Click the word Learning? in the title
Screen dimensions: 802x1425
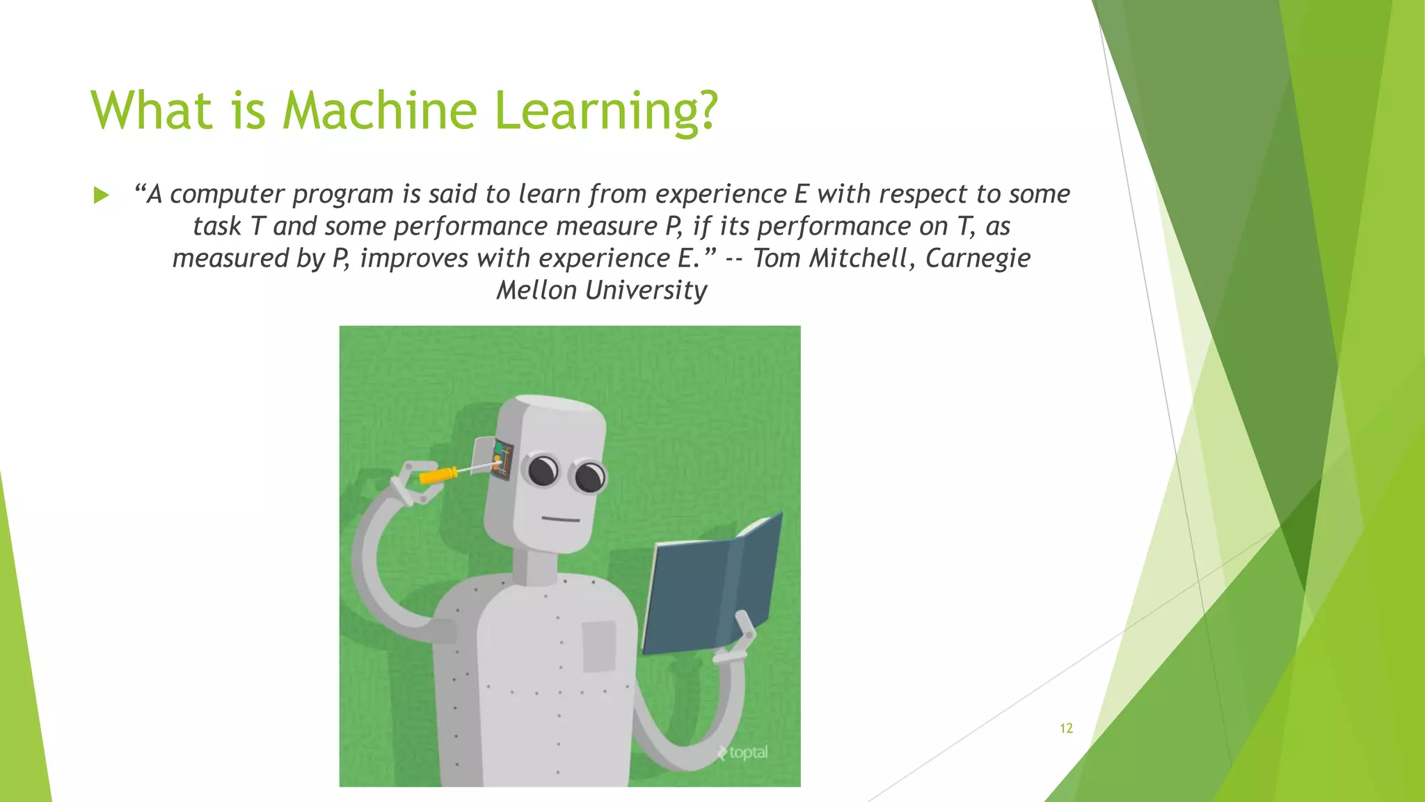click(605, 111)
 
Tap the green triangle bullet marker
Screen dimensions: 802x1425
click(102, 195)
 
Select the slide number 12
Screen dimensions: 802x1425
click(1066, 728)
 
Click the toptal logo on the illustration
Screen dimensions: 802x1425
click(742, 753)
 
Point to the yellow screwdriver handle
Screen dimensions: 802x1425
click(437, 476)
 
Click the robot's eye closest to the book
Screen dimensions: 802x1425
click(589, 477)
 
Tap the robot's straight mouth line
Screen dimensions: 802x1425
click(561, 519)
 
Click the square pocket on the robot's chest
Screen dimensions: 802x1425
click(598, 646)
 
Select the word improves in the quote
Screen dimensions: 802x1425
click(415, 258)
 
